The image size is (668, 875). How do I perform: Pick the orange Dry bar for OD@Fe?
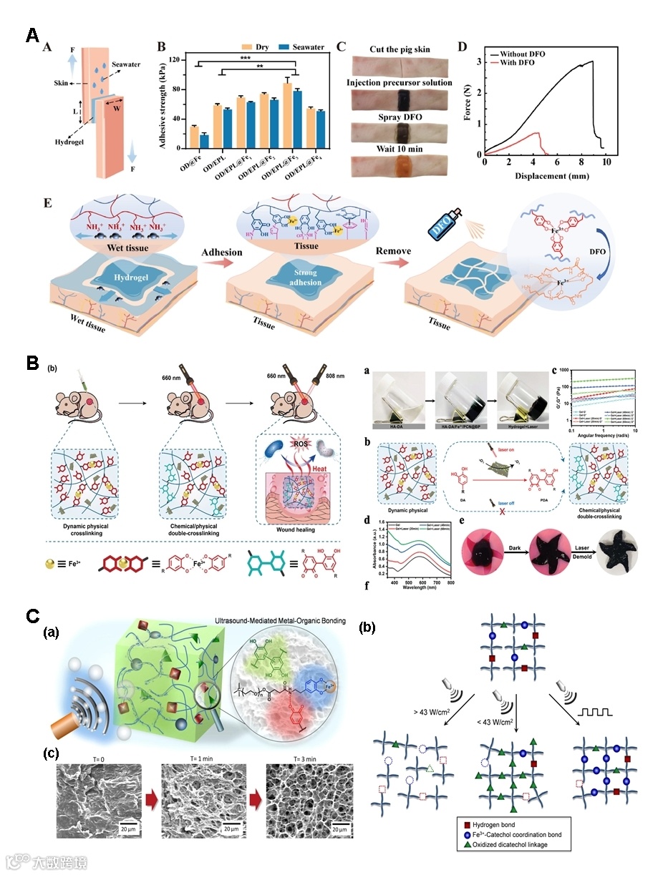click(193, 137)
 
